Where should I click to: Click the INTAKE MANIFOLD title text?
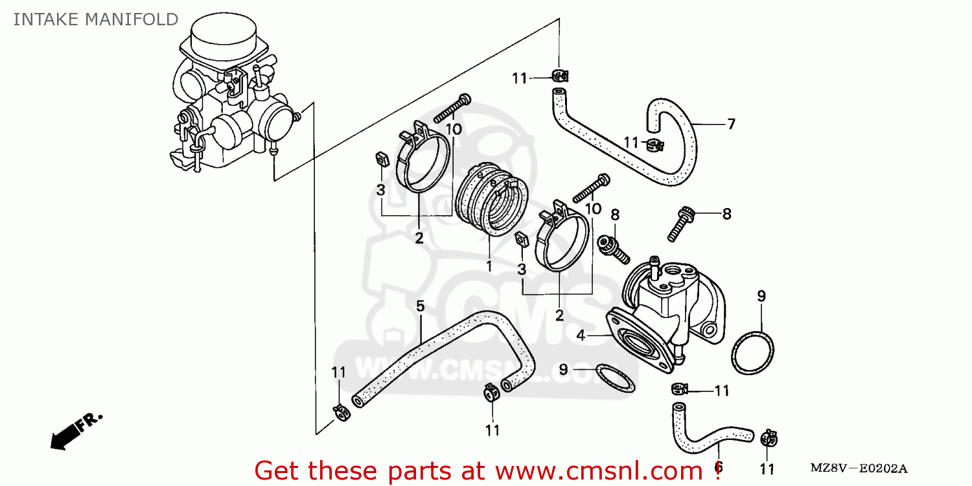[96, 19]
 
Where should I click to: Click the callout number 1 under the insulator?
[489, 266]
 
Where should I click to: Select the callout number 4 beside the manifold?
[581, 336]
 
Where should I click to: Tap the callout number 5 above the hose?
[420, 305]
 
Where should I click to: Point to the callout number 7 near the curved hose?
[731, 124]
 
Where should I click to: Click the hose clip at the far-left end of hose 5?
[340, 411]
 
